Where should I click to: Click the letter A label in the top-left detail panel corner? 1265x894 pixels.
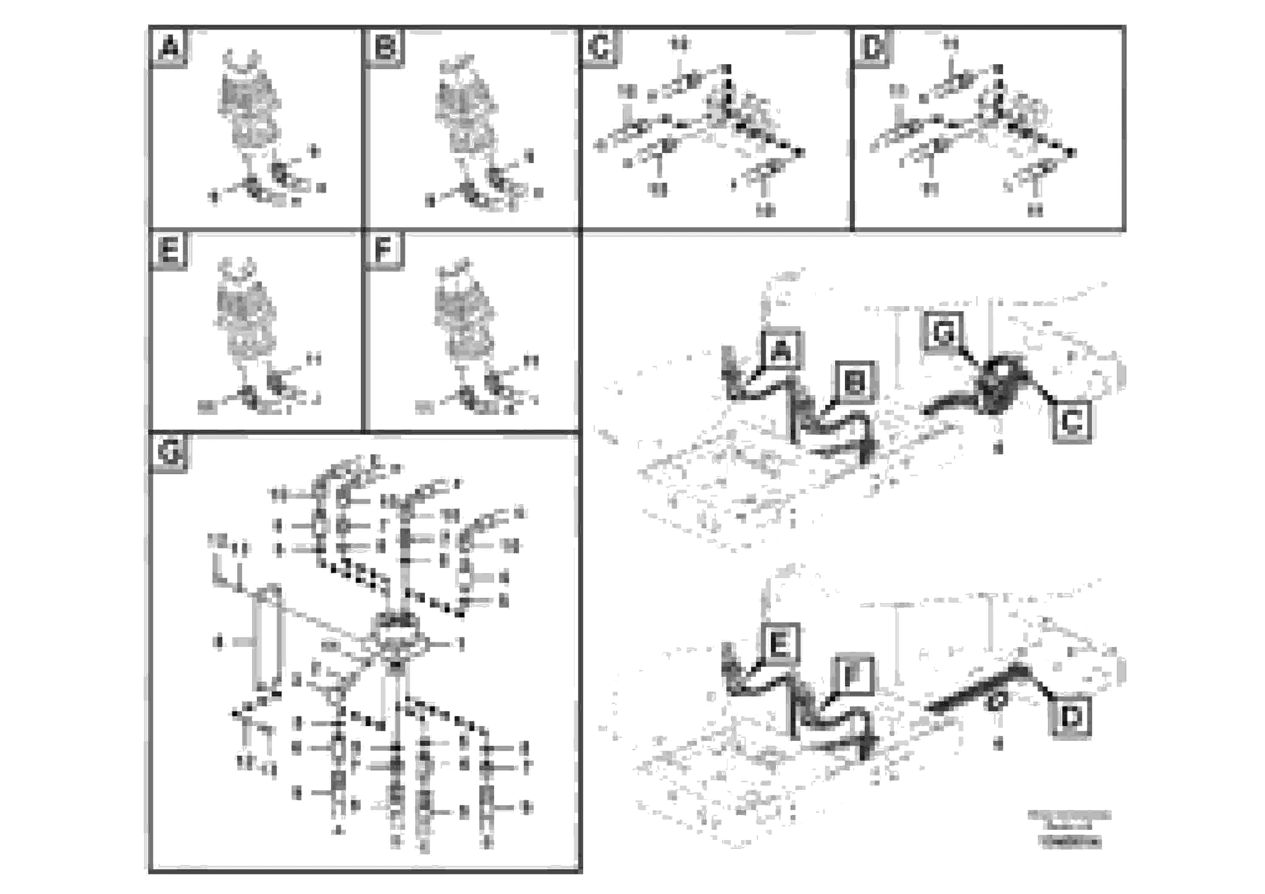click(x=169, y=48)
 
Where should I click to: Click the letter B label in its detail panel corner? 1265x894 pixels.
click(x=385, y=48)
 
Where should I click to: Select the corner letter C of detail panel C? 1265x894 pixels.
click(x=600, y=48)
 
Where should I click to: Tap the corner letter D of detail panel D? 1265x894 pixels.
click(x=872, y=48)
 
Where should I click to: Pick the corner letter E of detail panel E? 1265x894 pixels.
click(x=169, y=251)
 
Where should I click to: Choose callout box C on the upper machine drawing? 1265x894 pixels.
click(x=1072, y=423)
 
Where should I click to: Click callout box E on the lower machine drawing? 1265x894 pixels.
click(x=780, y=643)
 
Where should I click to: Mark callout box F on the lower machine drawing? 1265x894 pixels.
click(x=853, y=675)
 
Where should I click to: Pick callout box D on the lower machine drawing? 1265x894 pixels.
click(x=1072, y=718)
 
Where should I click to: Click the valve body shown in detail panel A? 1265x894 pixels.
click(x=249, y=110)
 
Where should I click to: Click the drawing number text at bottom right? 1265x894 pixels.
click(x=1069, y=828)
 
